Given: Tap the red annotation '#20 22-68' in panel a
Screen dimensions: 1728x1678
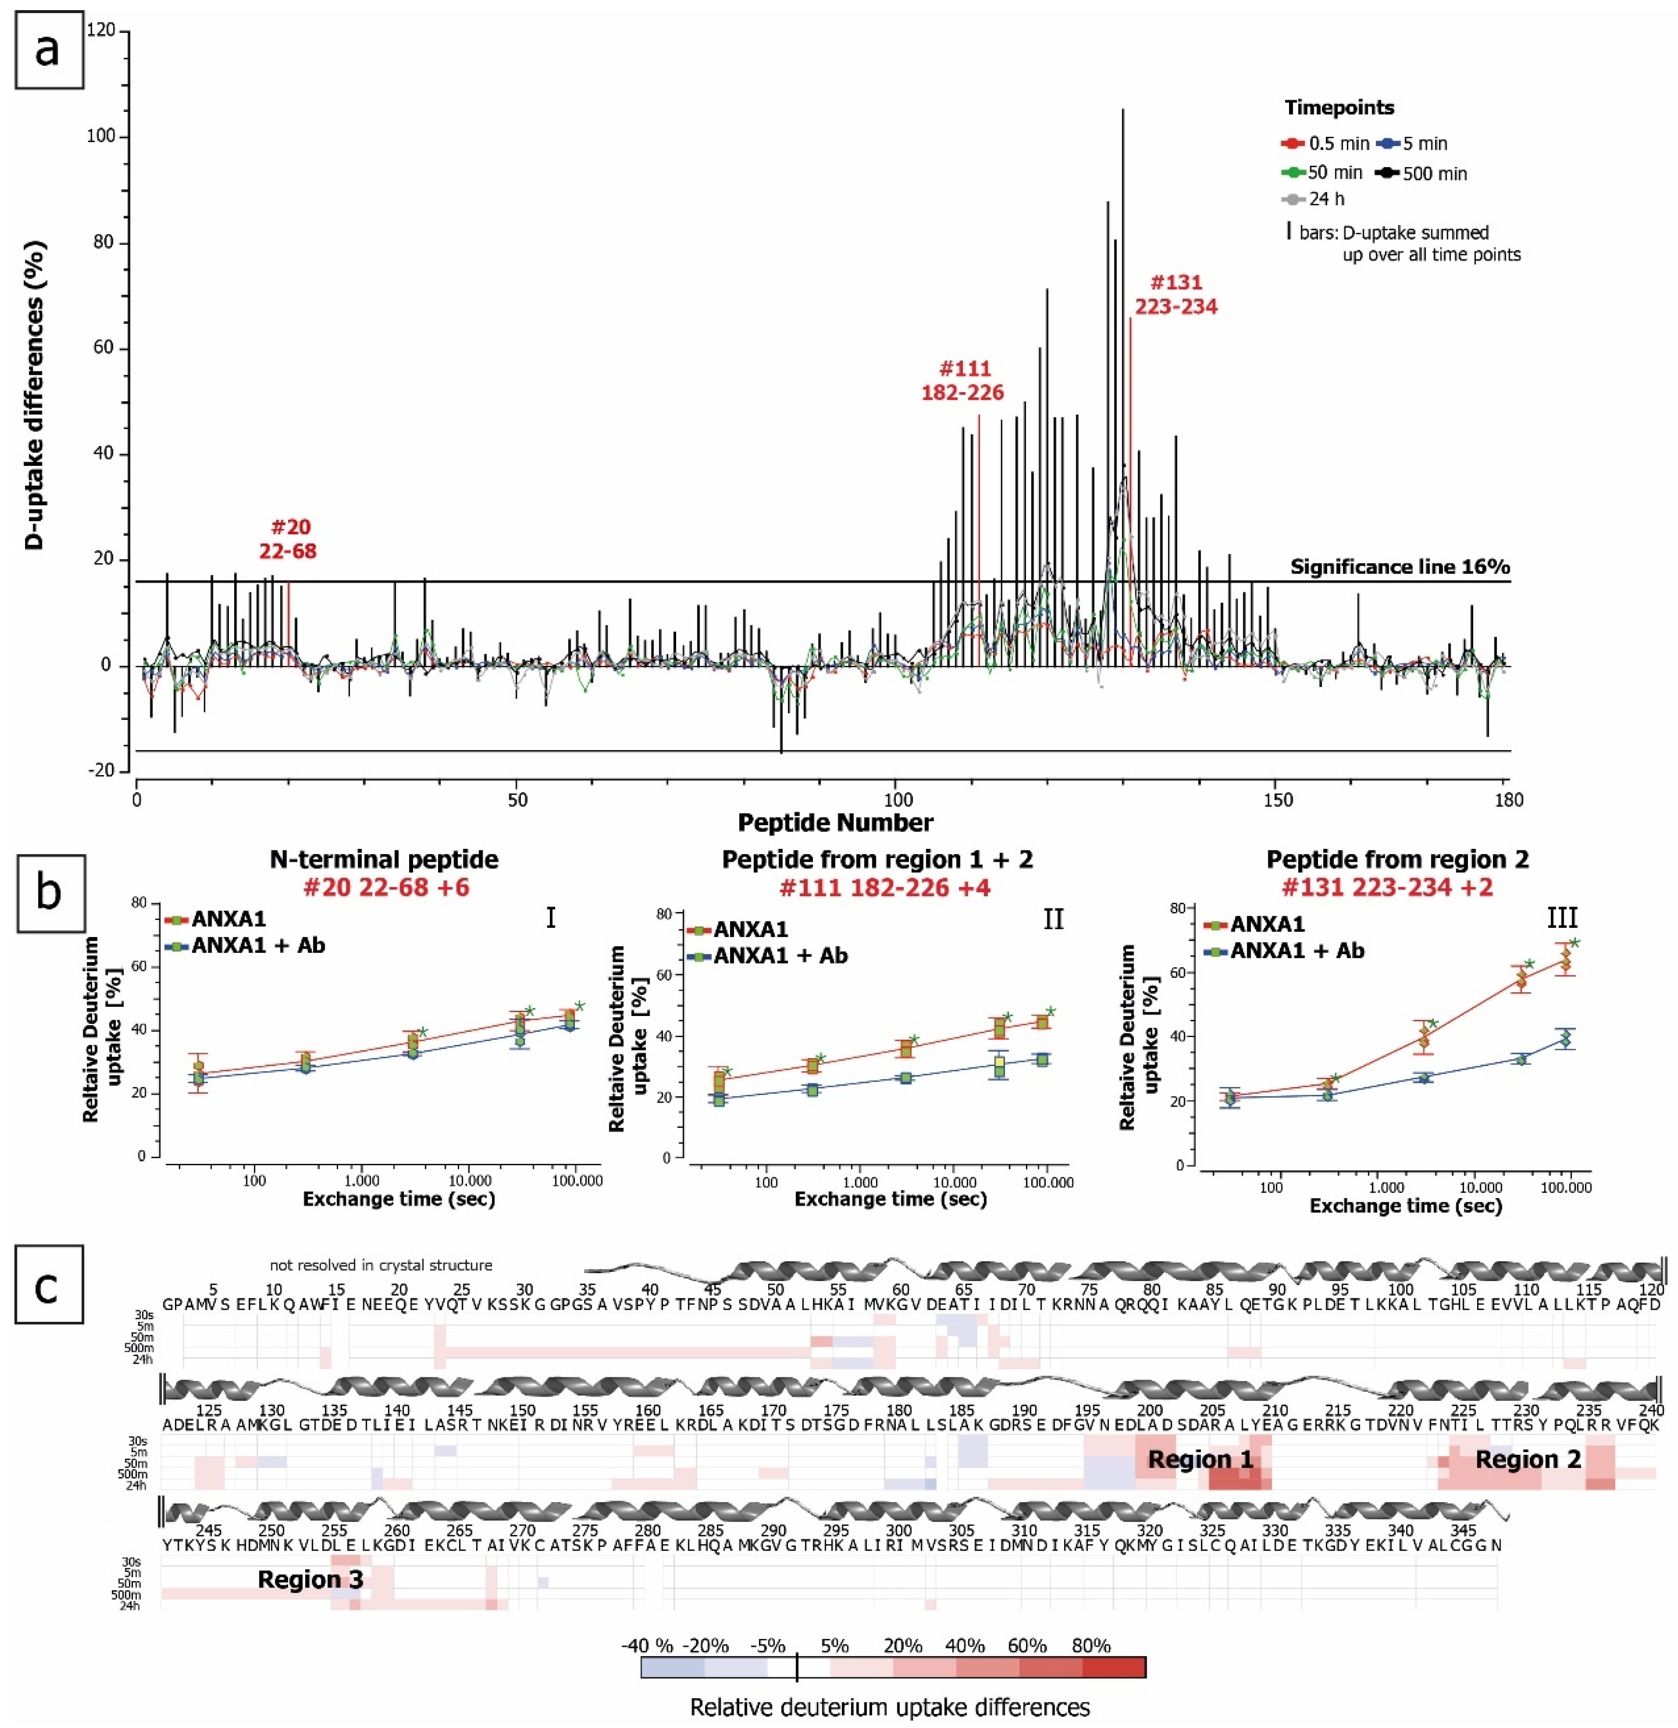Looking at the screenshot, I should tap(288, 539).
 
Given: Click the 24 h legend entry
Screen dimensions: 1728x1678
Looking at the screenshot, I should tap(1314, 199).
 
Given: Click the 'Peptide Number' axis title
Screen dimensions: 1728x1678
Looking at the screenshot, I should tap(835, 822).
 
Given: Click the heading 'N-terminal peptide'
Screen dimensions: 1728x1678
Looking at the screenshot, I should tap(384, 859).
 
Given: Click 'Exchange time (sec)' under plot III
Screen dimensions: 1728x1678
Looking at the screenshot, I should tap(1406, 1205).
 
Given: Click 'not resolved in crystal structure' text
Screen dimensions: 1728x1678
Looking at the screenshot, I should tap(381, 1265).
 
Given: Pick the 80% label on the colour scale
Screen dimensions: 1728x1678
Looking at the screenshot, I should tap(1091, 1646).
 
